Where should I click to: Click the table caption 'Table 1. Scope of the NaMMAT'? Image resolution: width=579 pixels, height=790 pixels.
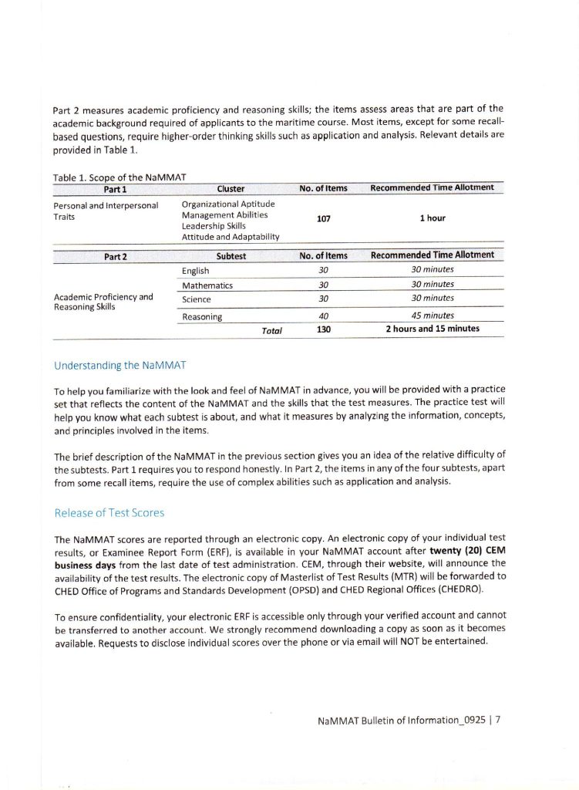(x=113, y=177)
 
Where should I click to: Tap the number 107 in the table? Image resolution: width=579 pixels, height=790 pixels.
(x=323, y=219)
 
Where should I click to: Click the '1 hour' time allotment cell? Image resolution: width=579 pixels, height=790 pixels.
(x=432, y=218)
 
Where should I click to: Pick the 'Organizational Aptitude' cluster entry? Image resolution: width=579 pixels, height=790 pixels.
(x=227, y=204)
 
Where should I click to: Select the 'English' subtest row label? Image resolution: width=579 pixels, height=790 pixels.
(x=196, y=271)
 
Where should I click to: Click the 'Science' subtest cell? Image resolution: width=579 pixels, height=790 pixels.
(x=197, y=299)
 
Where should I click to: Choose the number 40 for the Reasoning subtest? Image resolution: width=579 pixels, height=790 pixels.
(x=323, y=316)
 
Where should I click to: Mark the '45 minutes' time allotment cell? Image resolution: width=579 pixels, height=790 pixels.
(x=432, y=316)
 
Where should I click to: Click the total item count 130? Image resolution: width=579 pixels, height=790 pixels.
(x=323, y=329)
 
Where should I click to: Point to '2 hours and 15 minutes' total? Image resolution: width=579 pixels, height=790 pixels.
(x=432, y=329)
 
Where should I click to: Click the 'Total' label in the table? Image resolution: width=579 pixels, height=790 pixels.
(x=272, y=330)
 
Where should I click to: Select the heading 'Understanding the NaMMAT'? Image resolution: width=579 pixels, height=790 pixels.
(x=120, y=365)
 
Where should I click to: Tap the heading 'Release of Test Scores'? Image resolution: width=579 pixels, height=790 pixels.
(x=109, y=512)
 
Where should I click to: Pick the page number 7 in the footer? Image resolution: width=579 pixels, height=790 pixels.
(x=499, y=721)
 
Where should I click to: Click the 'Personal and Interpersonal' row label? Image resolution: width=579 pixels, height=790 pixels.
(x=106, y=205)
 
